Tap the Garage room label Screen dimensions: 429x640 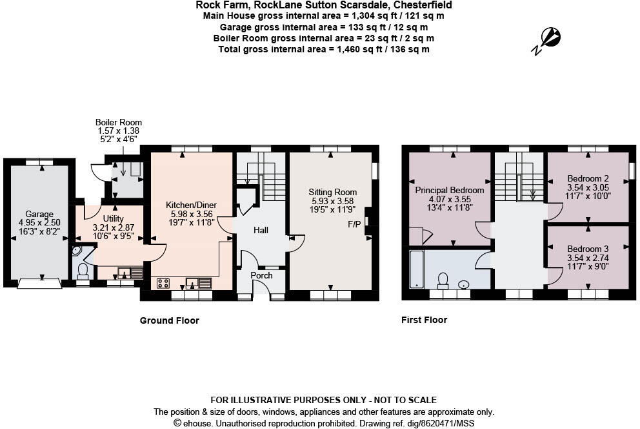(x=39, y=214)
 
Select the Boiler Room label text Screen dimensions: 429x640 (x=118, y=122)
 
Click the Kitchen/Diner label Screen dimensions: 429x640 (x=191, y=205)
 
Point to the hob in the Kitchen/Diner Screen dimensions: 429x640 (x=163, y=282)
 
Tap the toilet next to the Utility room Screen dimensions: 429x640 (x=83, y=268)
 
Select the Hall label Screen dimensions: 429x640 (x=261, y=230)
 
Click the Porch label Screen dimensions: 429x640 (x=261, y=275)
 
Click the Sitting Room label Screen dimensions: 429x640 (x=332, y=192)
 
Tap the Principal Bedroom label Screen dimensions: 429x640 (x=449, y=190)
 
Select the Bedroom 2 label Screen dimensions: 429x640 (x=587, y=178)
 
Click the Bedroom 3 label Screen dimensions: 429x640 (x=587, y=249)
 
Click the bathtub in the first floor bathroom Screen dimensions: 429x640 (x=417, y=268)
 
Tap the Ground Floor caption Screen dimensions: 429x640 (x=170, y=320)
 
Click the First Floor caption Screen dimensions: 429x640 (x=424, y=320)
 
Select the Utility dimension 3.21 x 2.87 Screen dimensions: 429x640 (x=108, y=227)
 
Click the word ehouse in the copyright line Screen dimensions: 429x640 (x=197, y=423)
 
